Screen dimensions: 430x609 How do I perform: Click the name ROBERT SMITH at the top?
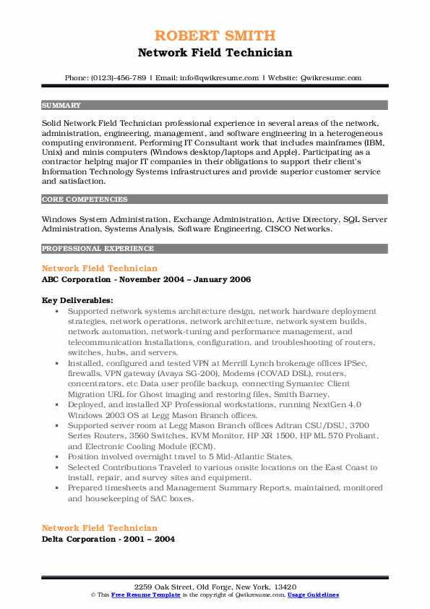click(215, 35)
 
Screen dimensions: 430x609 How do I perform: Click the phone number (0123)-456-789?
click(119, 78)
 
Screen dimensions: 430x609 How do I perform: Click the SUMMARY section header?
click(61, 105)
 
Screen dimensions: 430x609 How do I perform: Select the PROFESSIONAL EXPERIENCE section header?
click(98, 248)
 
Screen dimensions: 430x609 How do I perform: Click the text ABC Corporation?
click(77, 279)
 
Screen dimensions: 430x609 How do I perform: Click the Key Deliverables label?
click(77, 299)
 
